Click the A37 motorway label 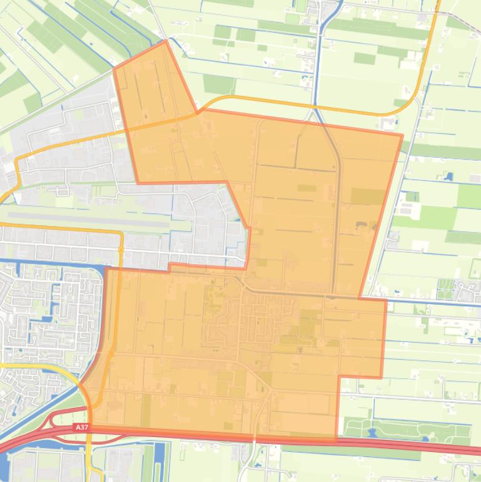point(80,427)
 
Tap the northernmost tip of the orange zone point(165,41)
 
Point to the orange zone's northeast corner point(402,134)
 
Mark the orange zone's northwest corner point(114,69)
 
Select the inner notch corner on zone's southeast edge point(338,377)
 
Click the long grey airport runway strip point(88,218)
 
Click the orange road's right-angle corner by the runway point(121,233)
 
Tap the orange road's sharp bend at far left point(18,160)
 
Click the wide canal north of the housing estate point(50,263)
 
